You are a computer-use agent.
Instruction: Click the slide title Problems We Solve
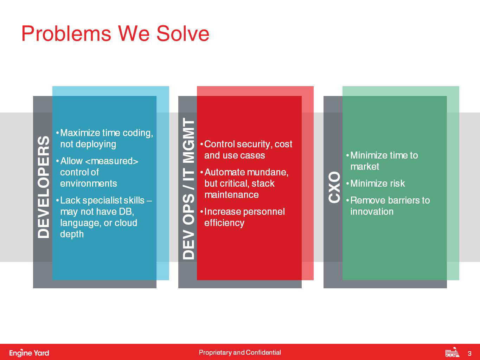click(115, 33)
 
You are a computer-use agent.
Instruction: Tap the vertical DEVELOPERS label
click(44, 187)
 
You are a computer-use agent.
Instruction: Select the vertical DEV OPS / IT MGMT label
click(188, 189)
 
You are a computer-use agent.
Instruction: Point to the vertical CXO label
click(334, 187)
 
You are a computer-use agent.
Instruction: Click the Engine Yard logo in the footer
click(29, 353)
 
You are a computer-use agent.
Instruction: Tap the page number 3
click(469, 353)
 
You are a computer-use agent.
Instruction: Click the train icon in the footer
click(452, 352)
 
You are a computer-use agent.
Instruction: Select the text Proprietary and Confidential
click(240, 352)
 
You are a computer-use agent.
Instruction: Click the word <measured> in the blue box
click(111, 161)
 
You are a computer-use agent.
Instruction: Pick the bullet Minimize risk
click(376, 184)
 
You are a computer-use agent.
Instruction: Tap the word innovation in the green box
click(372, 212)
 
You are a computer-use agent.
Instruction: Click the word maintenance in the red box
click(231, 195)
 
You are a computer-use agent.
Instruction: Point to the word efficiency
click(224, 223)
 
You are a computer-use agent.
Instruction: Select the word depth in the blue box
click(72, 234)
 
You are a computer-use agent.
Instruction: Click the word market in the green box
click(365, 167)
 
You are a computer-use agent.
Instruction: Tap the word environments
click(89, 184)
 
